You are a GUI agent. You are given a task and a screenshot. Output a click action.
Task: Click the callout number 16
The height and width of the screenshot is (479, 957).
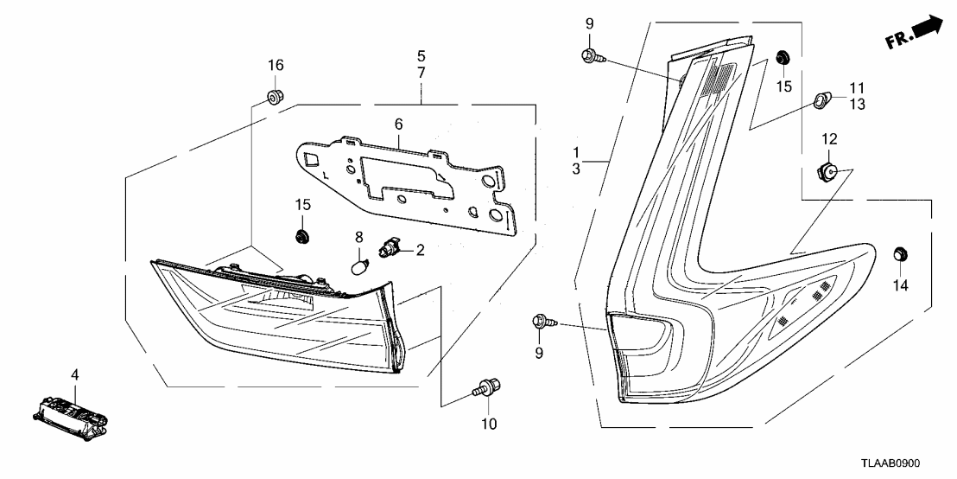pyautogui.click(x=275, y=66)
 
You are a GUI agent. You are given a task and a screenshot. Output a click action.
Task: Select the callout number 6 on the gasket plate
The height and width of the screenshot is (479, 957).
pyautogui.click(x=398, y=125)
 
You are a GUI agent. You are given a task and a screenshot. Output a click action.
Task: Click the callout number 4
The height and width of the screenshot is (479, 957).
pyautogui.click(x=74, y=375)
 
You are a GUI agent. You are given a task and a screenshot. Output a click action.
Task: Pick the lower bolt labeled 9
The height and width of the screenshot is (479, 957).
pyautogui.click(x=544, y=323)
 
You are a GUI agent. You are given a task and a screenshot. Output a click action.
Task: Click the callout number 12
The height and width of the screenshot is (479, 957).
pyautogui.click(x=828, y=139)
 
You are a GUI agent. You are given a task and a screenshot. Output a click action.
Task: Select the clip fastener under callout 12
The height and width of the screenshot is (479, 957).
pyautogui.click(x=827, y=170)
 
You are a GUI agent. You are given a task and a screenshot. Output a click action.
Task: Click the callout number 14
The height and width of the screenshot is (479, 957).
pyautogui.click(x=901, y=284)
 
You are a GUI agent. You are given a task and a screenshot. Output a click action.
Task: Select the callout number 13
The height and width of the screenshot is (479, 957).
pyautogui.click(x=856, y=104)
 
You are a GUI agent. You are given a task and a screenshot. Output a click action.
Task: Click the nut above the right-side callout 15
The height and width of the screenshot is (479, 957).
pyautogui.click(x=783, y=58)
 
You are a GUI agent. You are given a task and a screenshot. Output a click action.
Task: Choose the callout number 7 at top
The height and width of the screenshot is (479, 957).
pyautogui.click(x=421, y=73)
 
